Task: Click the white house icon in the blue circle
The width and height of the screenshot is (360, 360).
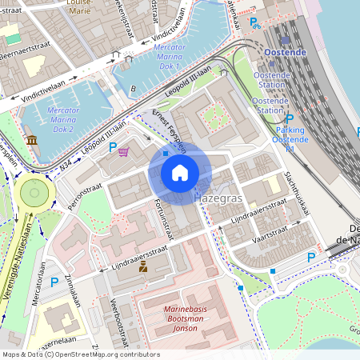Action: click(x=180, y=172)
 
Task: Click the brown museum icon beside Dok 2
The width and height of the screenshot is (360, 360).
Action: click(x=31, y=141)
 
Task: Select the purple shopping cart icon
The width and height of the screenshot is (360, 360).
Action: click(x=124, y=152)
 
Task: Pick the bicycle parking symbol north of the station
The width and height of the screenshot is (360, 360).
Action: click(x=257, y=26)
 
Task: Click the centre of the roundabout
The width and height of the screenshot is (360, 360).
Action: click(x=34, y=192)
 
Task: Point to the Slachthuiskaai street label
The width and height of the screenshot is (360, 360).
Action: click(x=297, y=195)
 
